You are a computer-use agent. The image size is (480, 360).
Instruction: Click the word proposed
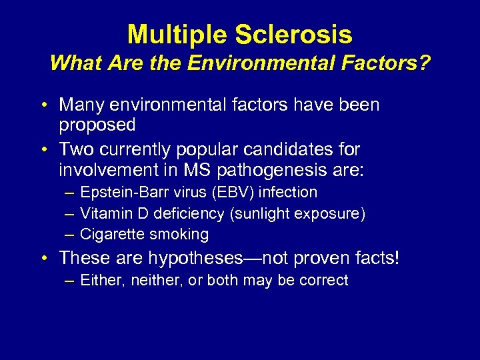[97, 125]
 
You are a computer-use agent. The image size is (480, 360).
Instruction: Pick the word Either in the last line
[99, 280]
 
